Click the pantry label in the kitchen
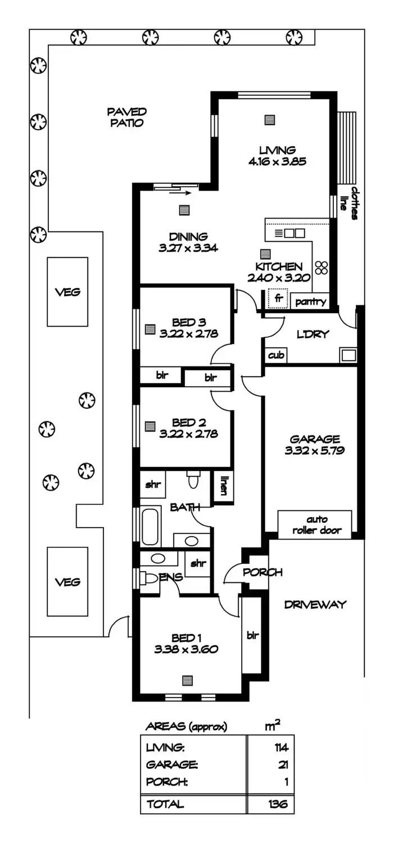[310, 302]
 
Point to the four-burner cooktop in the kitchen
[322, 268]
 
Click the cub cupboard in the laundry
[275, 355]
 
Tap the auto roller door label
[317, 524]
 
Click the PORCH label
[262, 573]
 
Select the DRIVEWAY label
[315, 605]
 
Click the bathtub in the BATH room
[150, 526]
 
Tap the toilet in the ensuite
[149, 578]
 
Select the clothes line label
[350, 203]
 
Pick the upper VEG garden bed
[67, 292]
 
